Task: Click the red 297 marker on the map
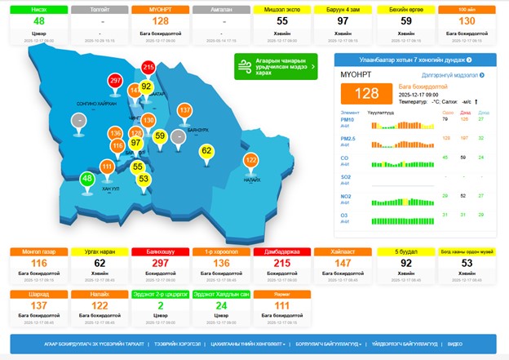coord(115,81)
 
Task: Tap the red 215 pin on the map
coord(148,68)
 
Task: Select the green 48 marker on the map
coord(87,179)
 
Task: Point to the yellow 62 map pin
coord(206,151)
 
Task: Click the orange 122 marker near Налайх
coord(251,161)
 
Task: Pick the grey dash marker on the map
coord(79,120)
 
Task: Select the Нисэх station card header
coord(38,8)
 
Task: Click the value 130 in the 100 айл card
coord(467,20)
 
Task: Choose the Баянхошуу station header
coord(159,251)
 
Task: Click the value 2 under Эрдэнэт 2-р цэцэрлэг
coord(160,306)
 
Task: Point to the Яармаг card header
coord(282,293)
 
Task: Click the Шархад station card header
coord(38,293)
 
